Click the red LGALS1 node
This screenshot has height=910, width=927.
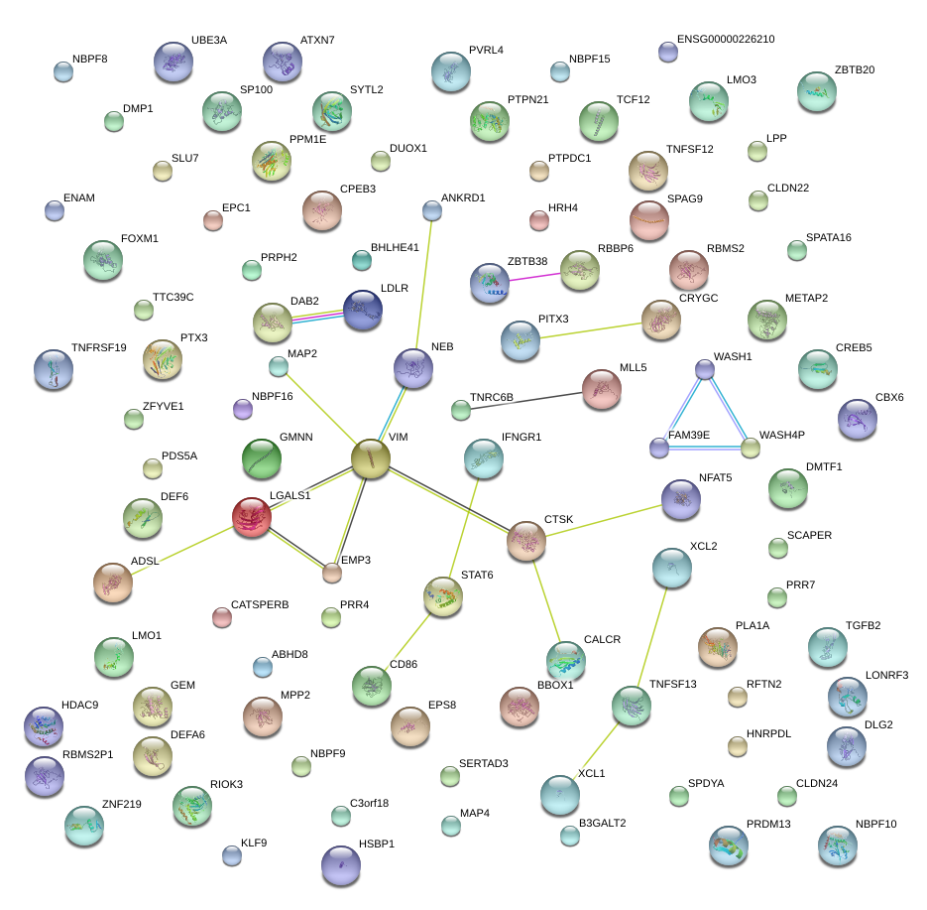252,517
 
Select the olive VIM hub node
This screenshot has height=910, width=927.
371,458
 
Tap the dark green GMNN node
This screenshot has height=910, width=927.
262,458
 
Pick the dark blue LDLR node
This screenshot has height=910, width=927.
363,311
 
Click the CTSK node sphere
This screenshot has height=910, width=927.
526,541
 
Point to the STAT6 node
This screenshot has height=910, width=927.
443,596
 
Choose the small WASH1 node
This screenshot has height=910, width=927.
705,369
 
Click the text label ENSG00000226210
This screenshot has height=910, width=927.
726,40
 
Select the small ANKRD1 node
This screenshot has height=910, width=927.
432,210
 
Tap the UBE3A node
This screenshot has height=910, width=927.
174,64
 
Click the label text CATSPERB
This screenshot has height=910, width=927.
260,603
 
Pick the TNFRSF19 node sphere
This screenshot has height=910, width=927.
54,370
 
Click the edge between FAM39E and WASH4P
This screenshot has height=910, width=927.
705,449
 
